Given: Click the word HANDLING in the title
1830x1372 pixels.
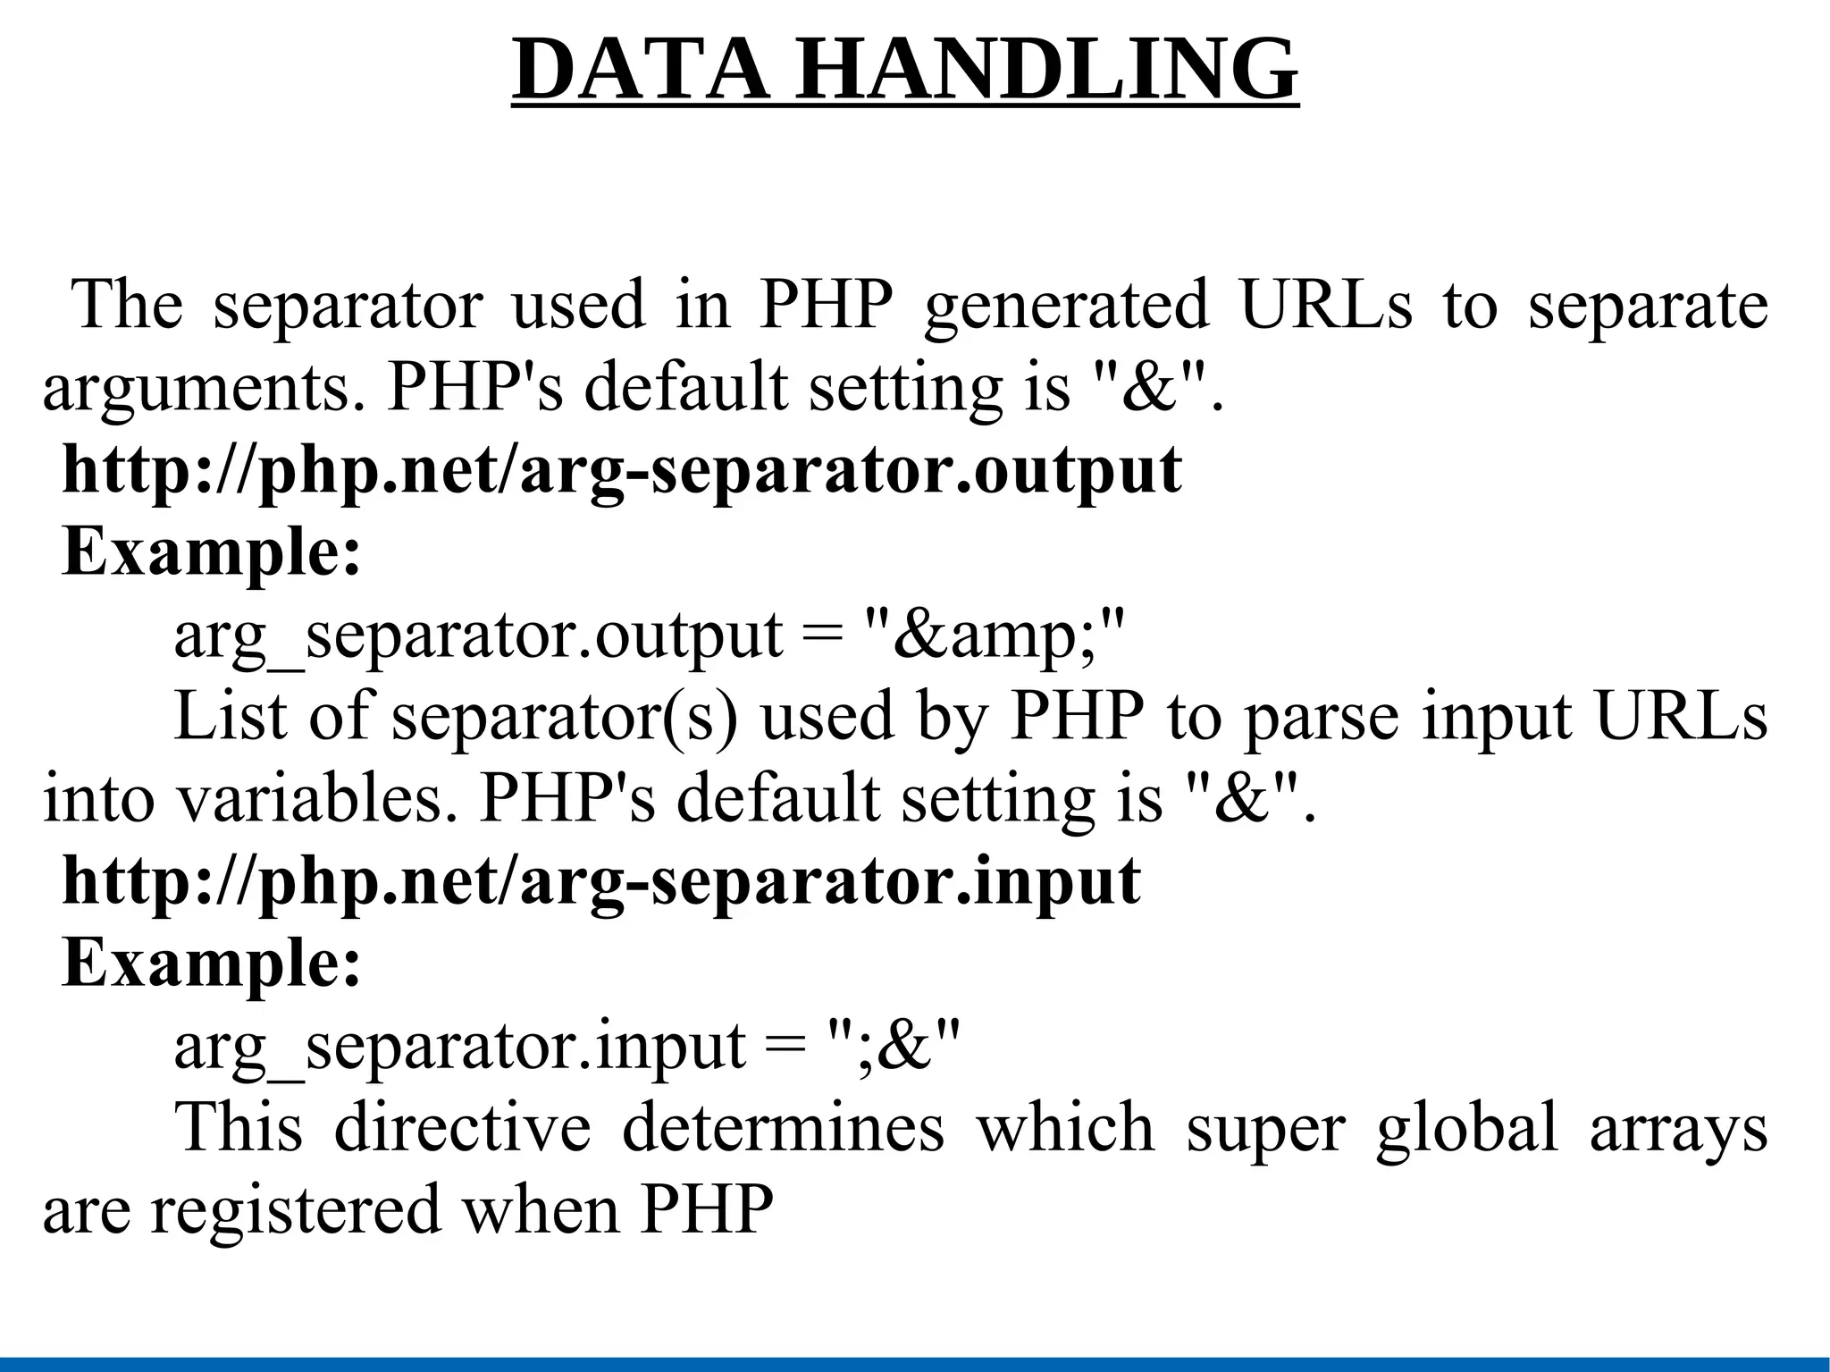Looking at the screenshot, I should click(1045, 71).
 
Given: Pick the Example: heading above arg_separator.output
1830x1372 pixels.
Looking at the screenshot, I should click(212, 552).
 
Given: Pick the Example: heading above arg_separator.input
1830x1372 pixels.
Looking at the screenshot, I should click(212, 964).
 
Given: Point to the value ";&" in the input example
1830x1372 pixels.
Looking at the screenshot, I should click(894, 1046).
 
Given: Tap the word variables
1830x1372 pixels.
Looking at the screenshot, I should click(311, 799).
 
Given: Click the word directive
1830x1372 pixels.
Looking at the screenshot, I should click(462, 1128).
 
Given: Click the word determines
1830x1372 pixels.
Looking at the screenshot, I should click(783, 1128).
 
